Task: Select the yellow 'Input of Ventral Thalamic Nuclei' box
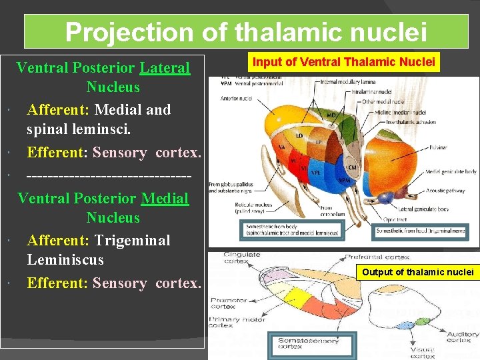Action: point(344,63)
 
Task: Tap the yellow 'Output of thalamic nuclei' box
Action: point(417,271)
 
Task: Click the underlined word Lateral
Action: point(165,67)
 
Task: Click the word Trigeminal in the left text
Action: point(131,240)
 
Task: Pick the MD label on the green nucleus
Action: point(331,115)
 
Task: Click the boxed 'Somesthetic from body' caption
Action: point(291,230)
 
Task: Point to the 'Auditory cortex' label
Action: point(462,337)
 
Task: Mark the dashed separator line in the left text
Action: point(109,175)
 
